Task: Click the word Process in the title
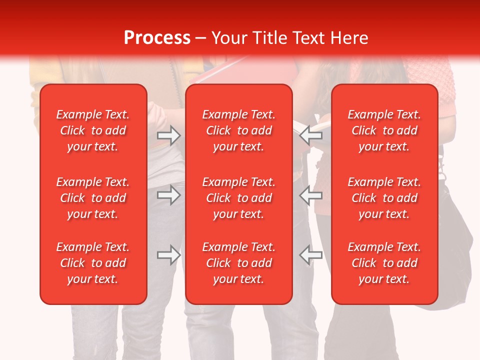pyautogui.click(x=157, y=38)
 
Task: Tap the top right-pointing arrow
pyautogui.click(x=168, y=135)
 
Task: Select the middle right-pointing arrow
pyautogui.click(x=168, y=195)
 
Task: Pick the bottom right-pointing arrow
pyautogui.click(x=168, y=255)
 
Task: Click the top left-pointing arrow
pyautogui.click(x=311, y=135)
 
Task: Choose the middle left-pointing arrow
pyautogui.click(x=311, y=195)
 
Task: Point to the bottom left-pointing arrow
pyautogui.click(x=311, y=255)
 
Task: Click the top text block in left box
pyautogui.click(x=93, y=130)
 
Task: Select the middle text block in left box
pyautogui.click(x=93, y=198)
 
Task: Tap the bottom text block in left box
pyautogui.click(x=93, y=263)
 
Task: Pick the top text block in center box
pyautogui.click(x=238, y=130)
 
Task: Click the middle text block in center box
pyautogui.click(x=238, y=198)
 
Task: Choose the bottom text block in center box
pyautogui.click(x=238, y=263)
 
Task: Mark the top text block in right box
pyautogui.click(x=384, y=130)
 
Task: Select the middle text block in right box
pyautogui.click(x=384, y=198)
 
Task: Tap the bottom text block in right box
pyautogui.click(x=384, y=263)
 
